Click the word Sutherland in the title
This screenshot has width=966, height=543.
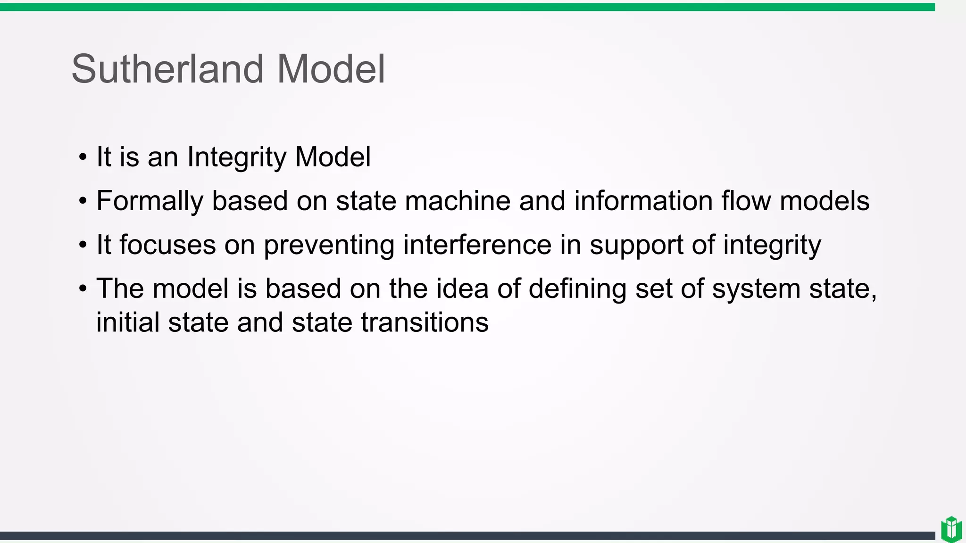167,69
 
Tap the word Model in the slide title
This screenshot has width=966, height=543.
331,69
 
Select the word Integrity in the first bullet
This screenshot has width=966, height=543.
236,157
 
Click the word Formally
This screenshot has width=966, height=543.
150,201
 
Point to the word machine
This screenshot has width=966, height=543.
457,201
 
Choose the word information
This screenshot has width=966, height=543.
643,201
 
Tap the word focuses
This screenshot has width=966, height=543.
167,245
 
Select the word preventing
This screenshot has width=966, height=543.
329,246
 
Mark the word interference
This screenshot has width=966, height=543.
477,245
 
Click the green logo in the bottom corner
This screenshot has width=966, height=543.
951,529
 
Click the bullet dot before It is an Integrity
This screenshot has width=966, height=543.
83,157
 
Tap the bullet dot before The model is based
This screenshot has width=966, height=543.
83,288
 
